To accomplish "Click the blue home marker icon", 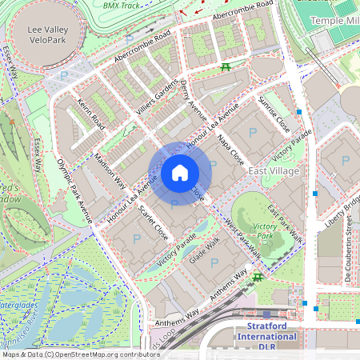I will pyautogui.click(x=180, y=173).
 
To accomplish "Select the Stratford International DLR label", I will pyautogui.click(x=266, y=332).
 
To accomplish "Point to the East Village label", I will pyautogui.click(x=274, y=171).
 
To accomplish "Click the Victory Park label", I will pyautogui.click(x=264, y=232).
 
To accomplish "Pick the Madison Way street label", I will pyautogui.click(x=110, y=168).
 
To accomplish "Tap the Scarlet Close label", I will pyautogui.click(x=153, y=223).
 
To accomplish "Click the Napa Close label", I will pyautogui.click(x=231, y=149).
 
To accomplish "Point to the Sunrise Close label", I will pyautogui.click(x=274, y=114).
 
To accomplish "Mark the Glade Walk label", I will pyautogui.click(x=204, y=253).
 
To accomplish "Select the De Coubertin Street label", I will pyautogui.click(x=349, y=257).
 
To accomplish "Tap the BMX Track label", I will pyautogui.click(x=121, y=5).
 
